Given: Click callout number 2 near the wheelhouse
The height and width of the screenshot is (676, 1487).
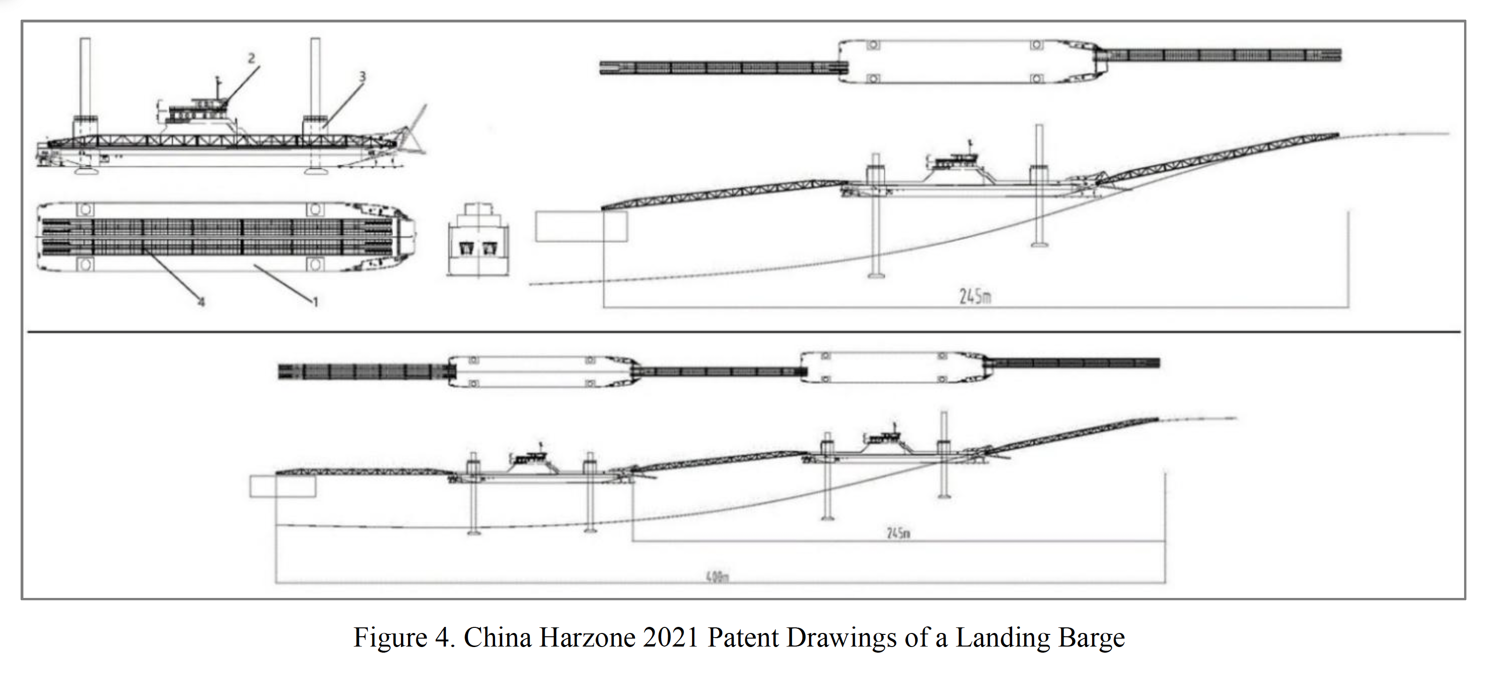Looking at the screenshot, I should click(251, 58).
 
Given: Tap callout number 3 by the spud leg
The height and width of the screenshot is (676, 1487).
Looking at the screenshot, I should click(362, 76).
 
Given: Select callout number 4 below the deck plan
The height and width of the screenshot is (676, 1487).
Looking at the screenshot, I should click(201, 301).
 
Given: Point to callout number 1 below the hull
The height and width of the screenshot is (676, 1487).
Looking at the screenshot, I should click(315, 301).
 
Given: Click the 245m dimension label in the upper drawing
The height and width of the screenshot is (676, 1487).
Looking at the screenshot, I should click(975, 296).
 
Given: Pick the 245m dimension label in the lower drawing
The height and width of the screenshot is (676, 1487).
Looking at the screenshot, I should click(898, 533).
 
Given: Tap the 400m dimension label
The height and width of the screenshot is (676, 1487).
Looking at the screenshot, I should click(716, 577).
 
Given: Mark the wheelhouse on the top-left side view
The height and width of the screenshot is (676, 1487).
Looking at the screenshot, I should click(196, 109).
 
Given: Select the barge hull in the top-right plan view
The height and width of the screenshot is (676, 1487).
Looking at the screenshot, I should click(964, 62).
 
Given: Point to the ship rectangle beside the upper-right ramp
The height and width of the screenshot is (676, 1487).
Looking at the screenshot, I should click(581, 227).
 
